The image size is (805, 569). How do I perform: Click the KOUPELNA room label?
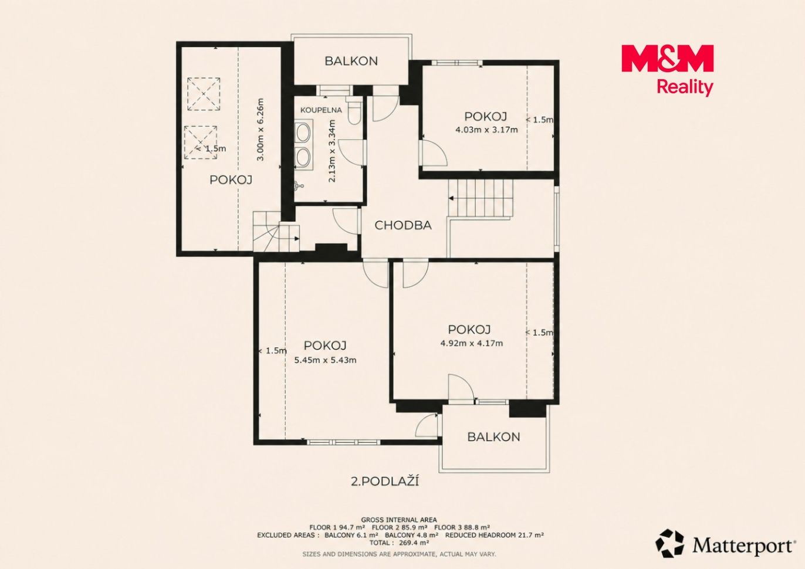(x=321, y=110)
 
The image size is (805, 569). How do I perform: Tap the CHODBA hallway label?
(x=403, y=225)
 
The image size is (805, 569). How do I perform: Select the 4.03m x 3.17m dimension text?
(x=486, y=130)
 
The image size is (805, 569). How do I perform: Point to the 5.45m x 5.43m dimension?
(x=325, y=360)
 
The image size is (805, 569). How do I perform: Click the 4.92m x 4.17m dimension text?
(x=472, y=343)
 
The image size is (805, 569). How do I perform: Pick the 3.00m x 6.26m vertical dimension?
(x=261, y=129)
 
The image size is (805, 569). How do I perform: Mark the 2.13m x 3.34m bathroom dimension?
(x=332, y=151)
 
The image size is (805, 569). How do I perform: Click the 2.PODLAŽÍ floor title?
(x=384, y=482)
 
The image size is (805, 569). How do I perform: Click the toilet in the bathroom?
(x=354, y=111)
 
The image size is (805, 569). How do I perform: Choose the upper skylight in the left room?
(x=204, y=94)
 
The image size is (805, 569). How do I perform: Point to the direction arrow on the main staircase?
(x=451, y=198)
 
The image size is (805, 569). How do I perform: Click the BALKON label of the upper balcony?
(x=351, y=61)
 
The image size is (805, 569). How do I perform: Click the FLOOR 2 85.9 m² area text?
(x=400, y=527)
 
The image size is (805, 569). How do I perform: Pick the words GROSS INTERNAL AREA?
(x=399, y=519)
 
